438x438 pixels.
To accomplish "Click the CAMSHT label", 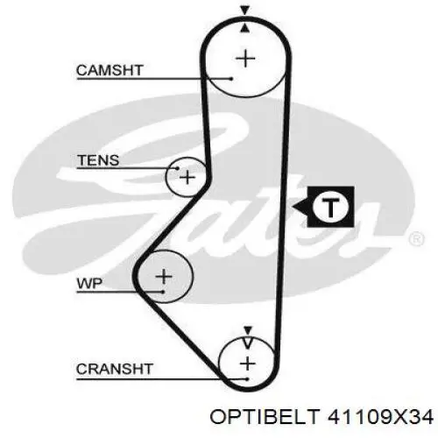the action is click(x=109, y=70).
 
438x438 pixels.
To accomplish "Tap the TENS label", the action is click(x=98, y=160).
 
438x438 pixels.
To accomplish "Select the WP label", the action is click(x=89, y=283).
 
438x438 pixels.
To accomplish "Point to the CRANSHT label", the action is click(x=115, y=369).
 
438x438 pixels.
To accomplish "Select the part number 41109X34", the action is click(x=380, y=416).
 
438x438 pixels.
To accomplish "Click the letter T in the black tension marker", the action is click(x=330, y=207).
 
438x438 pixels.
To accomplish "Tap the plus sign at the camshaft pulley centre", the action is click(x=245, y=59).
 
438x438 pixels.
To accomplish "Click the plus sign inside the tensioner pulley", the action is click(x=187, y=177).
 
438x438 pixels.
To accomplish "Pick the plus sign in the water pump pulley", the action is click(x=164, y=276).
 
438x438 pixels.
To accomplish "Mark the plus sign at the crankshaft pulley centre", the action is click(x=248, y=364).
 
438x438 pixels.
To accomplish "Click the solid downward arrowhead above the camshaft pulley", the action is click(x=245, y=11).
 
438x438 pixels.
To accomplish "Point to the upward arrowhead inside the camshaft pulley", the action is click(x=245, y=28).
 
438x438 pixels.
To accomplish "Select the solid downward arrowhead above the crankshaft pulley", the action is click(x=248, y=330).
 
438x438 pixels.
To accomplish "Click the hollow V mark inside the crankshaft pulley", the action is click(x=248, y=343).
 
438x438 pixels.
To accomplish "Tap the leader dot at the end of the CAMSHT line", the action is click(x=231, y=79).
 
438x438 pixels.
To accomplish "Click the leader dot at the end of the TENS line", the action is click(x=177, y=168).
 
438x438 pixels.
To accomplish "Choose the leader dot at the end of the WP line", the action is click(x=163, y=292).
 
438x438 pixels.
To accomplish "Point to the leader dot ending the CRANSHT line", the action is click(x=247, y=379).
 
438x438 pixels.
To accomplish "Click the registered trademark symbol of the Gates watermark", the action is click(x=416, y=239).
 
